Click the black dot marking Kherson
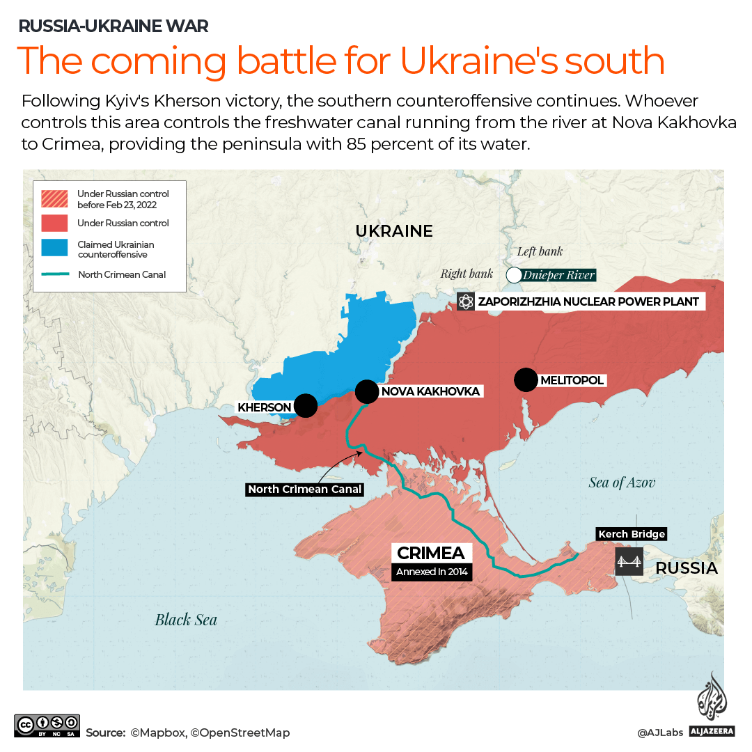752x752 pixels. pos(305,405)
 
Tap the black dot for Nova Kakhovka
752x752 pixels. pos(366,391)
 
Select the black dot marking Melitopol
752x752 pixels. pos(526,379)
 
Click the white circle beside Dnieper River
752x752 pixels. pos(514,275)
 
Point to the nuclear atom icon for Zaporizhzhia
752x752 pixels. pos(466,302)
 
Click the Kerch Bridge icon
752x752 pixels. pos(629,561)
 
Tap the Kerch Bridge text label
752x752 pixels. pos(632,534)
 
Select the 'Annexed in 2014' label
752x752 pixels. pos(432,572)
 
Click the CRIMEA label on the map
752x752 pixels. pos(432,554)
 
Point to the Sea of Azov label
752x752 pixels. pos(622,483)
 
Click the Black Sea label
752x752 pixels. pos(186,620)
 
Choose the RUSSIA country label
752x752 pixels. pos(687,568)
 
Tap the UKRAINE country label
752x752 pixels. pos(394,231)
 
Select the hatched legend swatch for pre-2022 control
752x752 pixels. pos(54,198)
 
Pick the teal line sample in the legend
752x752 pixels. pos(54,274)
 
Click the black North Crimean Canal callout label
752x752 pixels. pos(306,489)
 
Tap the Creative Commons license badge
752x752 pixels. pos(47,726)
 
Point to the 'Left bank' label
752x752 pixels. pos(540,251)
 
